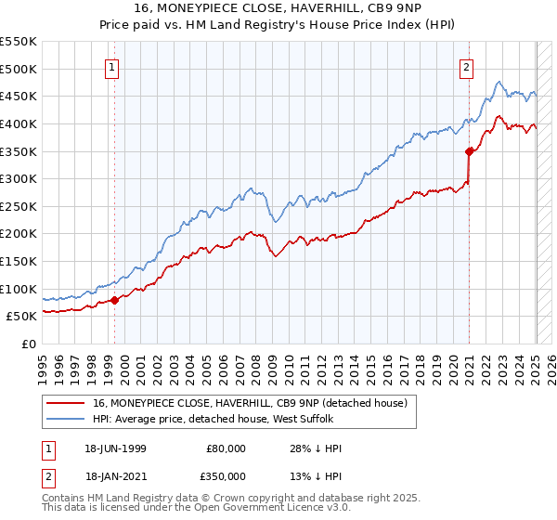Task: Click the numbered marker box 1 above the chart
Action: [112, 67]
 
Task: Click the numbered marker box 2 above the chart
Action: [466, 67]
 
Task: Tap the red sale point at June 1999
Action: [115, 299]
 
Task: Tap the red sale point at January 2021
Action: [470, 151]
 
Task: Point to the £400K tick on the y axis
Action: [19, 123]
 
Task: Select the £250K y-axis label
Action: [19, 206]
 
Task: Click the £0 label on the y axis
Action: [29, 344]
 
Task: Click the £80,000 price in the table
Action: [227, 448]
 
